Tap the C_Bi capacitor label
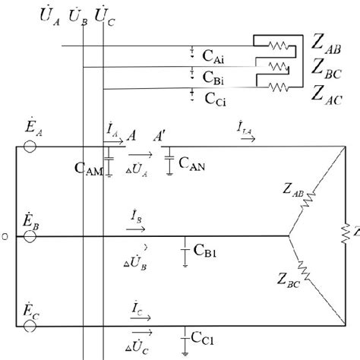[x=215, y=76]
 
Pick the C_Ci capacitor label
[x=215, y=98]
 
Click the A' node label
[x=160, y=136]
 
